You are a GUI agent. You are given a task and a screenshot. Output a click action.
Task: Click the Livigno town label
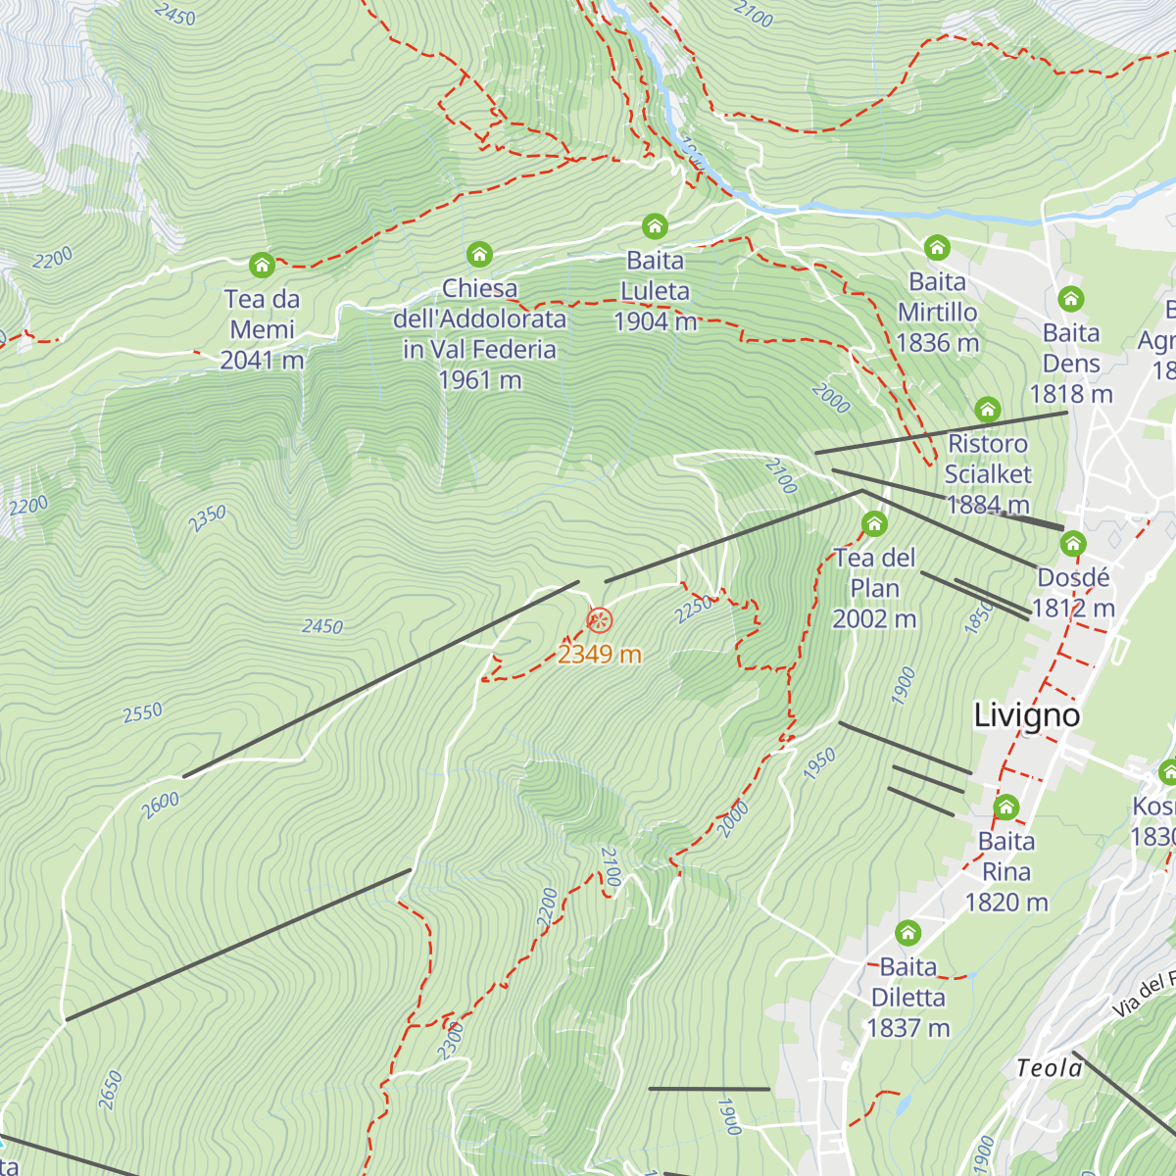point(1026,715)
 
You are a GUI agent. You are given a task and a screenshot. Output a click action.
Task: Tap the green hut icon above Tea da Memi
point(262,265)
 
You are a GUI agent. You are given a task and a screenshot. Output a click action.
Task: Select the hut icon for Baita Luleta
point(655,227)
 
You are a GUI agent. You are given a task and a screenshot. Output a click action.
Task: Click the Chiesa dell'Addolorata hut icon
point(479,255)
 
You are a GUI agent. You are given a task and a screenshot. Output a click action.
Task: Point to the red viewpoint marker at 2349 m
point(599,620)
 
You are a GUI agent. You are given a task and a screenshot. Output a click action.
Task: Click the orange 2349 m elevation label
point(599,654)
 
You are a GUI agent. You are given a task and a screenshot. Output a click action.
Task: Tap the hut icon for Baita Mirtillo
point(937,247)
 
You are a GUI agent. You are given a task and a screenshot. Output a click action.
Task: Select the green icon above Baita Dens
point(1070,298)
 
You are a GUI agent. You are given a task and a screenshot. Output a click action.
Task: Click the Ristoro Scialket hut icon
point(987,409)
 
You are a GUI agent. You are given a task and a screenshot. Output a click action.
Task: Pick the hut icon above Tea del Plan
point(874,523)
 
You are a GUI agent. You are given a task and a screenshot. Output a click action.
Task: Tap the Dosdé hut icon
point(1073,543)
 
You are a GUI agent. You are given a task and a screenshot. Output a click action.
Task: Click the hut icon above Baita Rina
point(1006,808)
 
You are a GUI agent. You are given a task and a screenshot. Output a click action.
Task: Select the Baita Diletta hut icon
point(908,932)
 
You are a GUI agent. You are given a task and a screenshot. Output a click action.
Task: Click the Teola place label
point(1049,1068)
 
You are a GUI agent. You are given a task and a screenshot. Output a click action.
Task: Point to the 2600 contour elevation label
point(160,806)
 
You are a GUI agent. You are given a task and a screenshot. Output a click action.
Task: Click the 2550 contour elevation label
point(143,712)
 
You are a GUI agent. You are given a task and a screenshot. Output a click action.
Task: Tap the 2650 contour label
point(111,1090)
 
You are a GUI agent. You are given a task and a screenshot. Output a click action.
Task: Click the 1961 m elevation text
point(479,380)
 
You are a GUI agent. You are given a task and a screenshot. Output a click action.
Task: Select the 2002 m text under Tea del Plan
point(874,619)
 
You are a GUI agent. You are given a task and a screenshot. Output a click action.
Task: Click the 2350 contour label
point(208,518)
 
